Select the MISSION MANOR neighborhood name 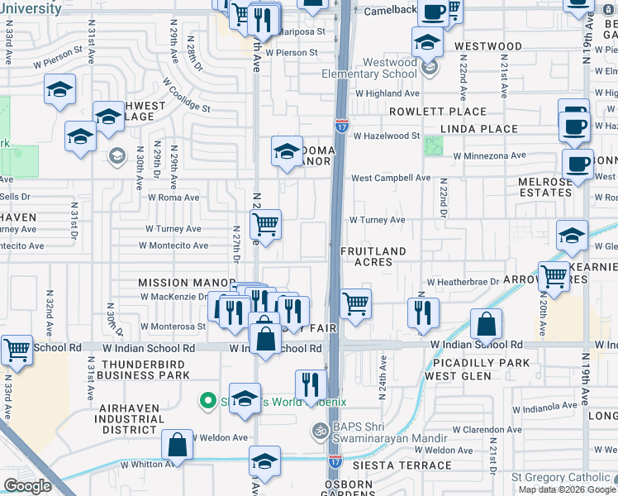click(x=175, y=282)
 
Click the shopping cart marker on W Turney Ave click(x=266, y=223)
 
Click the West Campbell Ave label click(x=391, y=178)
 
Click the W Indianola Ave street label click(x=548, y=408)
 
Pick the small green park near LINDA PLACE click(x=433, y=146)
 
